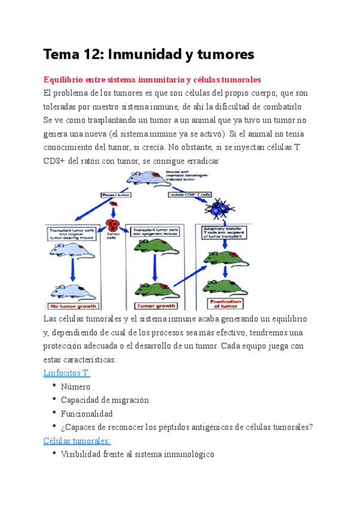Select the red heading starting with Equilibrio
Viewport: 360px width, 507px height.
click(152, 80)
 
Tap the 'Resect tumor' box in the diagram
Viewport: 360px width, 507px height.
click(115, 195)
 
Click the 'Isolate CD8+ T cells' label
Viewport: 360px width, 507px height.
click(190, 195)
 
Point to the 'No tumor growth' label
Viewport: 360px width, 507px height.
click(72, 306)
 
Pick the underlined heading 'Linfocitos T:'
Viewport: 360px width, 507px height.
click(66, 373)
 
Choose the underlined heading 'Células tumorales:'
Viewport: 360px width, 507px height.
click(77, 441)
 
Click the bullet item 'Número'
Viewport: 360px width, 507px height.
click(75, 387)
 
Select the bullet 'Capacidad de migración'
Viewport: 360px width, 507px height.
click(105, 400)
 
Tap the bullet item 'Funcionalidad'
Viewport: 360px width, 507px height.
click(87, 414)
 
